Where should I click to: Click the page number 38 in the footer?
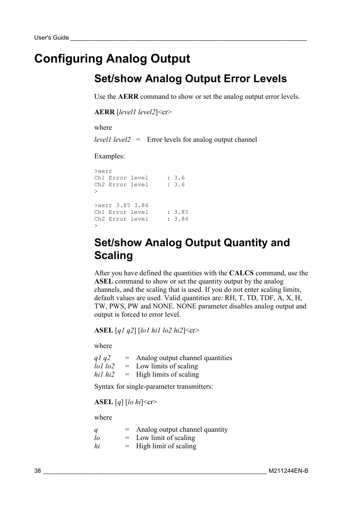click(x=37, y=471)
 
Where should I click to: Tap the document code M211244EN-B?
click(x=288, y=471)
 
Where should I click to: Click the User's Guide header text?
click(x=51, y=38)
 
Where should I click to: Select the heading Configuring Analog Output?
click(x=112, y=58)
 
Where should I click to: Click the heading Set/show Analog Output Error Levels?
click(x=190, y=78)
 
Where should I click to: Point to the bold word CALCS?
click(x=241, y=273)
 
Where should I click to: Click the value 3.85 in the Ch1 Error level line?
click(x=181, y=212)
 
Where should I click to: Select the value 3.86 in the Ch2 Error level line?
click(x=181, y=219)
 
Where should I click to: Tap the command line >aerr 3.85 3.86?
click(x=122, y=205)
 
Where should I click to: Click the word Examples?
click(x=109, y=156)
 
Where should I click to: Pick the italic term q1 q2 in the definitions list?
click(x=102, y=358)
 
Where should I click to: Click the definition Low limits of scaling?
click(x=167, y=366)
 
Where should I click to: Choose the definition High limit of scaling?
click(x=166, y=446)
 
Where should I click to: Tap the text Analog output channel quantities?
click(x=184, y=358)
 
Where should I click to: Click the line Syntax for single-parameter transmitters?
click(x=154, y=386)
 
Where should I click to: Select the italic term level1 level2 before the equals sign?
click(x=112, y=140)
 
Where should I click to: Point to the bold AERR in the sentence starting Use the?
click(x=128, y=97)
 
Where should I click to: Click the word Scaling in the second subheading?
click(x=114, y=255)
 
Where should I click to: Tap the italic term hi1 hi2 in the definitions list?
click(x=104, y=374)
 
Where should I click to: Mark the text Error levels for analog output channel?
click(x=202, y=140)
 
